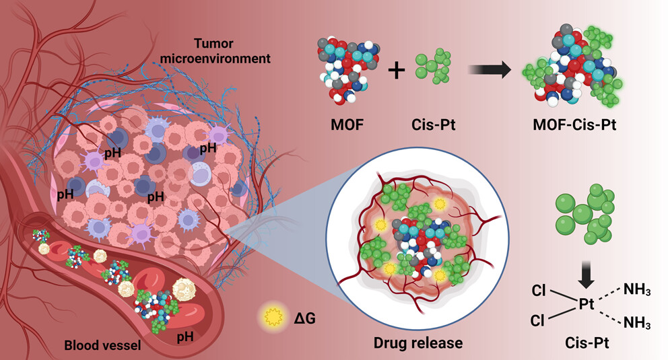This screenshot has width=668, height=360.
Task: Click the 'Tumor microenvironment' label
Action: point(215,51)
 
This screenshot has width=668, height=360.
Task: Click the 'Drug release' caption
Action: point(418,343)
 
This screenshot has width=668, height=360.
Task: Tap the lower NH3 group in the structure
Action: point(637,323)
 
